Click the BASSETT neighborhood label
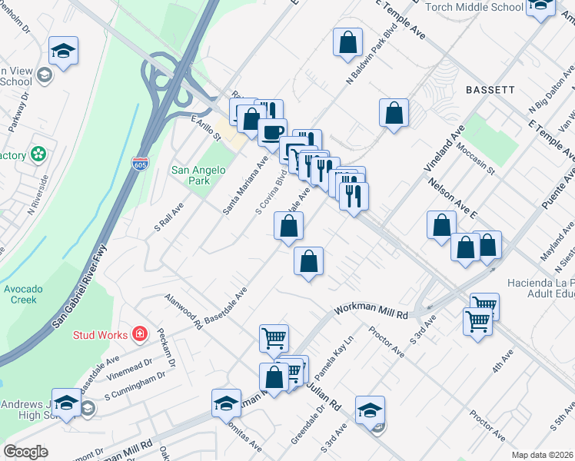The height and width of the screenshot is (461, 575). tap(490, 90)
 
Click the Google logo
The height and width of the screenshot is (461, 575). tap(26, 452)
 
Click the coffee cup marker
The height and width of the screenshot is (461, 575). tap(272, 131)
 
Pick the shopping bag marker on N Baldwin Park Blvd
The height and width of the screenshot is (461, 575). tap(347, 40)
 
